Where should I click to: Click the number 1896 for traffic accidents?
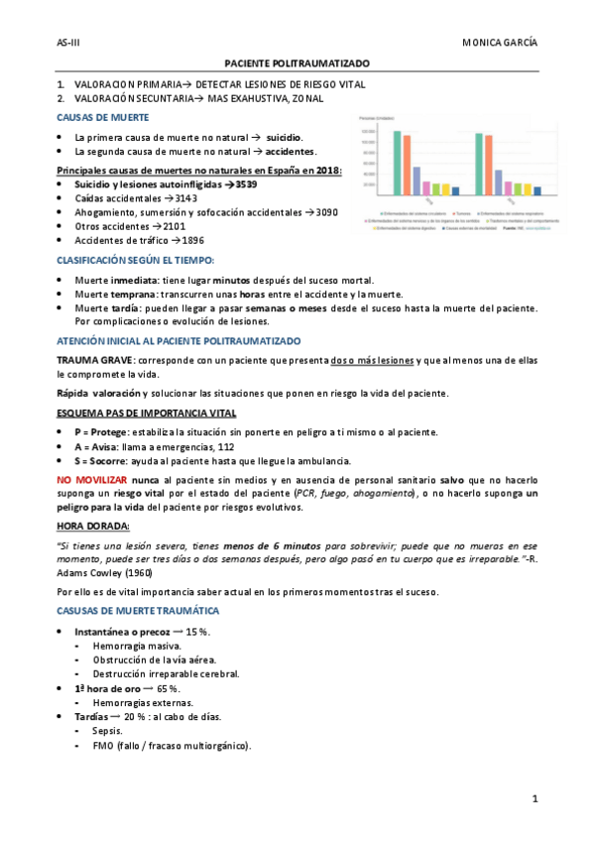tap(193, 240)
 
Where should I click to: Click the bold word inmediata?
tap(133, 280)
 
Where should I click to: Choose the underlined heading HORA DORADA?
tap(93, 526)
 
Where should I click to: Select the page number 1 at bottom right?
tap(535, 798)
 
